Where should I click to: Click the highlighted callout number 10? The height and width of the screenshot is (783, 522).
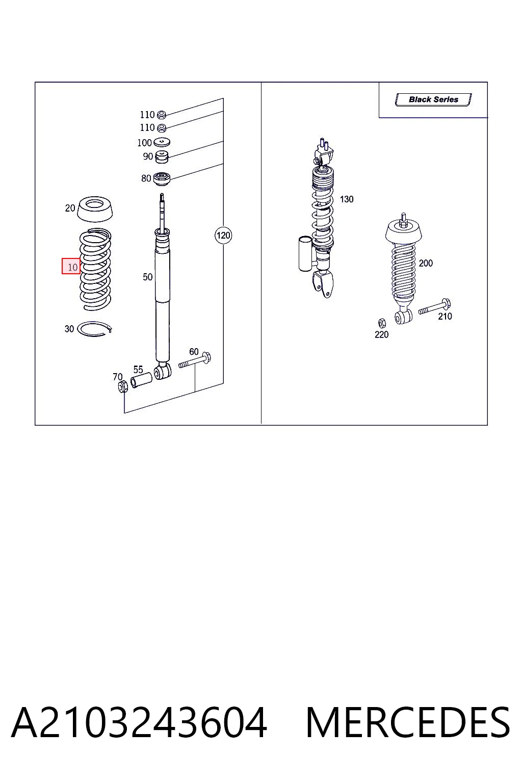[x=71, y=267]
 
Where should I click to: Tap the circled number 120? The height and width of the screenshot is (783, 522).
[x=223, y=235]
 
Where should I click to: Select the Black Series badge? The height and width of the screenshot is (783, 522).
[x=433, y=99]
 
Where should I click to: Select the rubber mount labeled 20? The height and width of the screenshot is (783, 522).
[x=95, y=210]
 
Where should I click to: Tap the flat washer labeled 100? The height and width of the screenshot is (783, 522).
[x=162, y=142]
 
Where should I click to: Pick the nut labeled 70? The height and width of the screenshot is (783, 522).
[x=123, y=387]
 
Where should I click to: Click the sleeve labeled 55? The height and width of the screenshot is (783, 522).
[x=141, y=380]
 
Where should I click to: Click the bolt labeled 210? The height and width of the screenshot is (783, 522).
[x=435, y=306]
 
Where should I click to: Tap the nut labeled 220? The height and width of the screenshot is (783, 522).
[x=382, y=323]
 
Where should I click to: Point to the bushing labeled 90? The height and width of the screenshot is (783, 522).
[x=162, y=156]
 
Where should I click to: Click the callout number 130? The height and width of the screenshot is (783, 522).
[x=347, y=199]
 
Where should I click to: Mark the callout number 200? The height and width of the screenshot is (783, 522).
[x=426, y=263]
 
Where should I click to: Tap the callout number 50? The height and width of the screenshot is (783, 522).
[x=147, y=277]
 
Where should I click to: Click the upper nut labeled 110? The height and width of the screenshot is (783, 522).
[x=162, y=114]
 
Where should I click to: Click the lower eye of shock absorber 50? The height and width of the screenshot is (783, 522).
[x=163, y=371]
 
